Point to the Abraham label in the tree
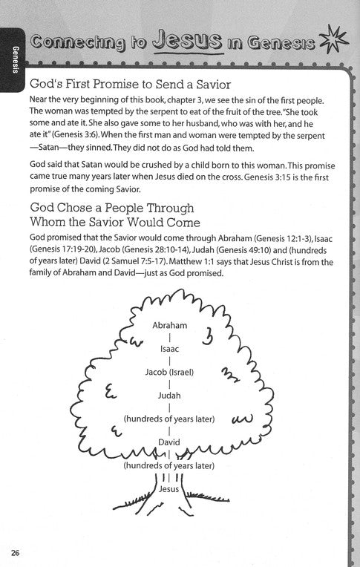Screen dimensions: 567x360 pos(169,326)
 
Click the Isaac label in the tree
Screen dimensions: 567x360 pos(169,347)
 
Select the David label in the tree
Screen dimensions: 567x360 pos(169,442)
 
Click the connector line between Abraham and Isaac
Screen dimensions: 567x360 pos(169,336)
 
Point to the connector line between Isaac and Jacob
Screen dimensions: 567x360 pos(169,359)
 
